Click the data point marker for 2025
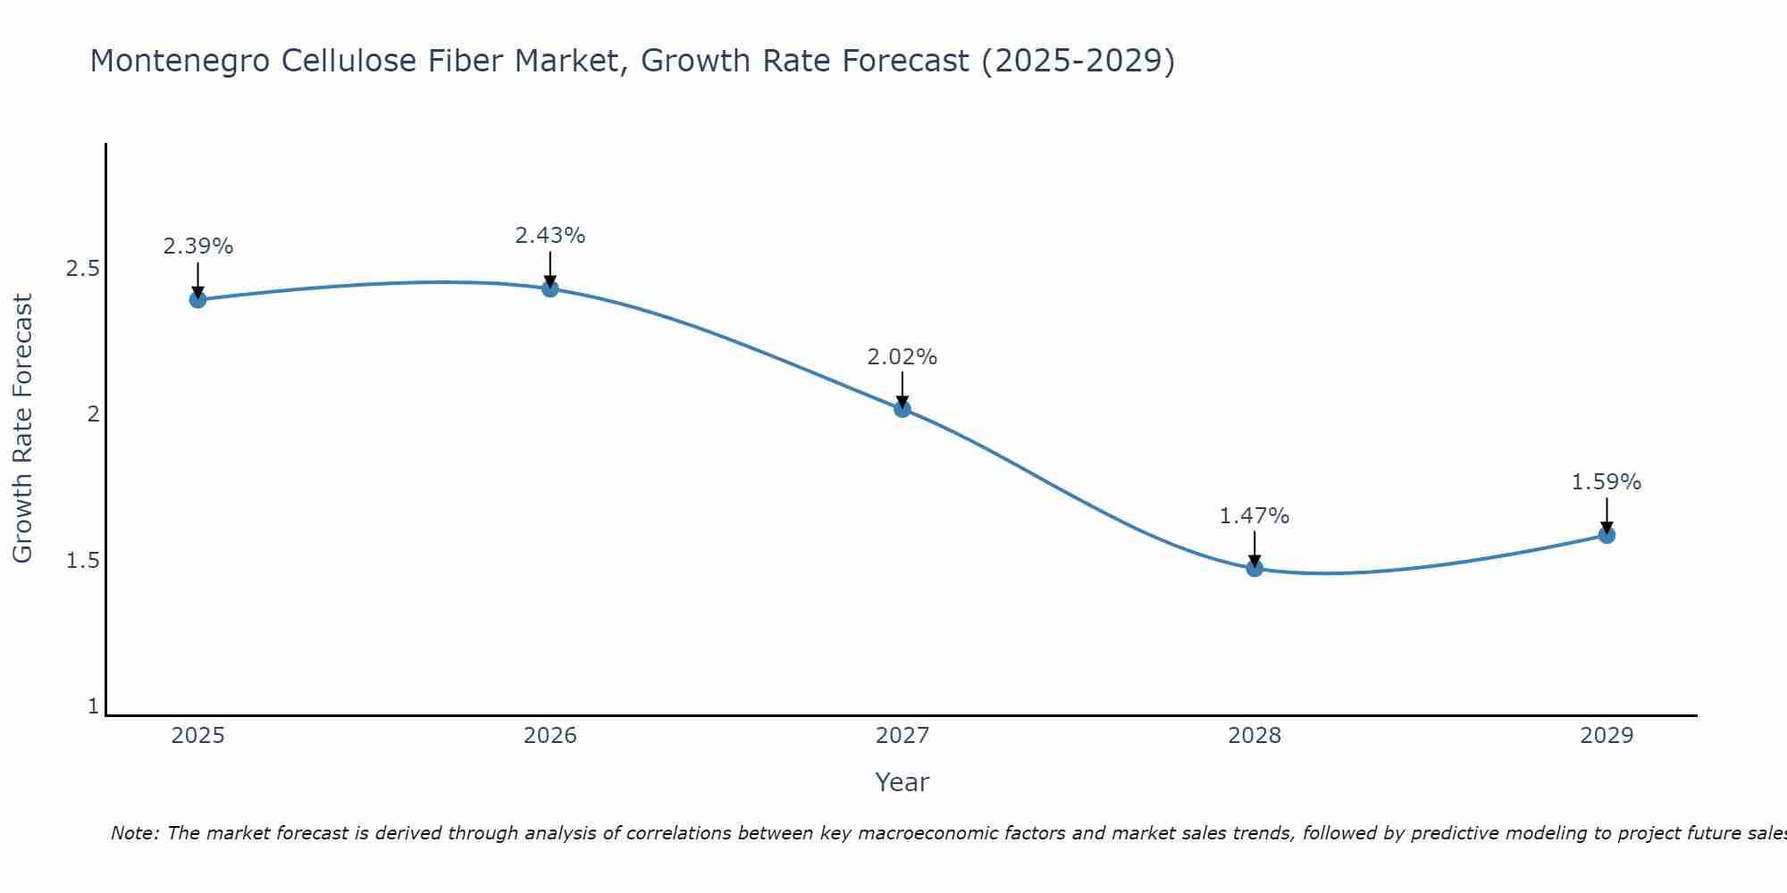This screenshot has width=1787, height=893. (198, 299)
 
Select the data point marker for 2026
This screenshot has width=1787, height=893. (550, 288)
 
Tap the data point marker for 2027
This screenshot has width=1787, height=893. (902, 409)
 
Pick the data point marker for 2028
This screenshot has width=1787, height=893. (1254, 568)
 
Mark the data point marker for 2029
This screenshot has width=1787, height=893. (1607, 535)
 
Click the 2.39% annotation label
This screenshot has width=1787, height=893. (198, 246)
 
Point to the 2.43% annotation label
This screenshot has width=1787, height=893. (550, 236)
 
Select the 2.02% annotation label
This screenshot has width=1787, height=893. (902, 357)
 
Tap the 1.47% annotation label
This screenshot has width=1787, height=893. (1254, 516)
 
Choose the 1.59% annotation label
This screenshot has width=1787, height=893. (1607, 482)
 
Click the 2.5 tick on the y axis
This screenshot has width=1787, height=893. (82, 269)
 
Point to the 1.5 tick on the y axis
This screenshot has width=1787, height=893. (82, 561)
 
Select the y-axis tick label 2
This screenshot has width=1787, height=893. (93, 414)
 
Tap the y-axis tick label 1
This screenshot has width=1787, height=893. (93, 706)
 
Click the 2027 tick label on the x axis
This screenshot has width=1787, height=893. (902, 736)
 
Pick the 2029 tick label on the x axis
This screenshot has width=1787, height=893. (1607, 736)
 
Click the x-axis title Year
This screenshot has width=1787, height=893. (902, 782)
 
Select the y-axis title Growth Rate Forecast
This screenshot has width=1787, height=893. (22, 429)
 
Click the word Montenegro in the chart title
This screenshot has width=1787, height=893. (180, 61)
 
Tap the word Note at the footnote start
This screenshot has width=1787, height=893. (134, 833)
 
